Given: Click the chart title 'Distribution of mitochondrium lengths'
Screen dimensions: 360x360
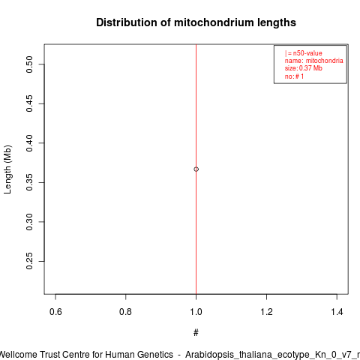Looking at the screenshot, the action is [196, 22].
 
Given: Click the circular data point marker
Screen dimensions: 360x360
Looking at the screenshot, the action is [196, 169].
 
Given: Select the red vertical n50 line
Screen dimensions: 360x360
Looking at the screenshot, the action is [196, 169].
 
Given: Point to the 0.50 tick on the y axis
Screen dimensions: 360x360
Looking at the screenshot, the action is [29, 64].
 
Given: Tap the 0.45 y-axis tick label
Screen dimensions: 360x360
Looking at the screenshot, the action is [29, 103].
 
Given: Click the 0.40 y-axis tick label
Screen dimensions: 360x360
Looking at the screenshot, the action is [29, 143].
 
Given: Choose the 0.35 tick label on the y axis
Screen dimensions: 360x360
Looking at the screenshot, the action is [29, 182].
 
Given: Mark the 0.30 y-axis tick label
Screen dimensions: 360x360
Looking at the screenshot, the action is [29, 222].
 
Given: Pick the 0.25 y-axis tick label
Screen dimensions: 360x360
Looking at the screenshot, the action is [29, 261].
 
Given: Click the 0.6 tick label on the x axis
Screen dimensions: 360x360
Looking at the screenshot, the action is [55, 312].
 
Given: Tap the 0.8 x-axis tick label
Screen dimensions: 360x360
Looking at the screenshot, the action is [125, 312].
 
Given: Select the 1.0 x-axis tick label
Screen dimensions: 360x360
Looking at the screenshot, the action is [196, 312].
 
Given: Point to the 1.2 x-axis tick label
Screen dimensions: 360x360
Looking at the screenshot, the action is [266, 312].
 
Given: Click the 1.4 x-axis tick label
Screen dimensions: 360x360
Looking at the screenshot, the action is [337, 312].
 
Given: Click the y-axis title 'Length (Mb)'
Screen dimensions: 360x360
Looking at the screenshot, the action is [7, 169].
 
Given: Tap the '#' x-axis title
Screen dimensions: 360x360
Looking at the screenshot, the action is [196, 333].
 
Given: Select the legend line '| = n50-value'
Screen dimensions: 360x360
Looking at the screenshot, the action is [303, 53].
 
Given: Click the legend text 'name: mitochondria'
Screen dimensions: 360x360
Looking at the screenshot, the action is [313, 61].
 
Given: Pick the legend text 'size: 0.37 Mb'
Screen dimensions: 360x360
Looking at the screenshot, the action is [303, 68].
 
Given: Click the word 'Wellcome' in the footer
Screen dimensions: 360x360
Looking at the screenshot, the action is [18, 355].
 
